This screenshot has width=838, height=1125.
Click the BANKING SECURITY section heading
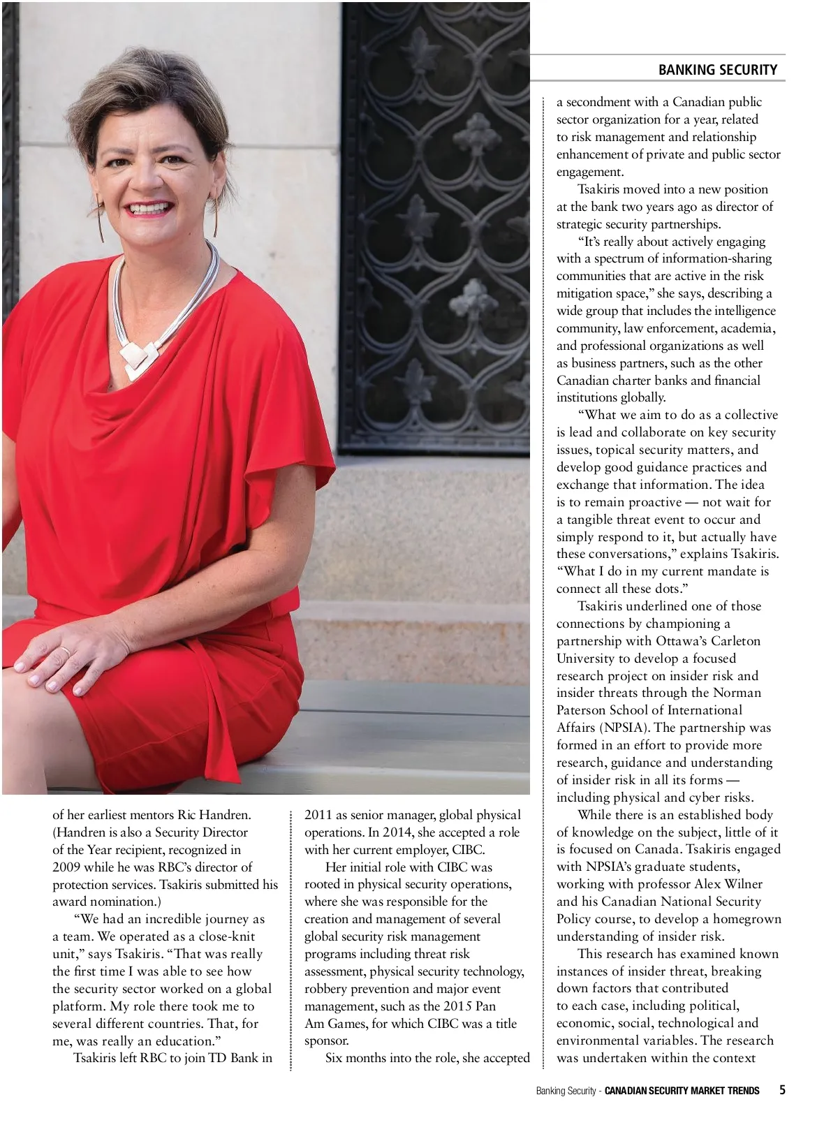point(717,70)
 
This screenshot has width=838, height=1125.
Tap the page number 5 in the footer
point(782,1090)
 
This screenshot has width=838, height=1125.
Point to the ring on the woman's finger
point(65,652)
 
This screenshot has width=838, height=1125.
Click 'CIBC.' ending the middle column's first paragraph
point(467,850)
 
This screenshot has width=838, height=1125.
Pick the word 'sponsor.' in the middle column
point(326,1041)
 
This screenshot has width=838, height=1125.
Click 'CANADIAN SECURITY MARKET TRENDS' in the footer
point(682,1091)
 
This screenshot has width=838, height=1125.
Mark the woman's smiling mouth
point(151,208)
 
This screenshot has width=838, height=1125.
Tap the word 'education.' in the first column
point(182,1041)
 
